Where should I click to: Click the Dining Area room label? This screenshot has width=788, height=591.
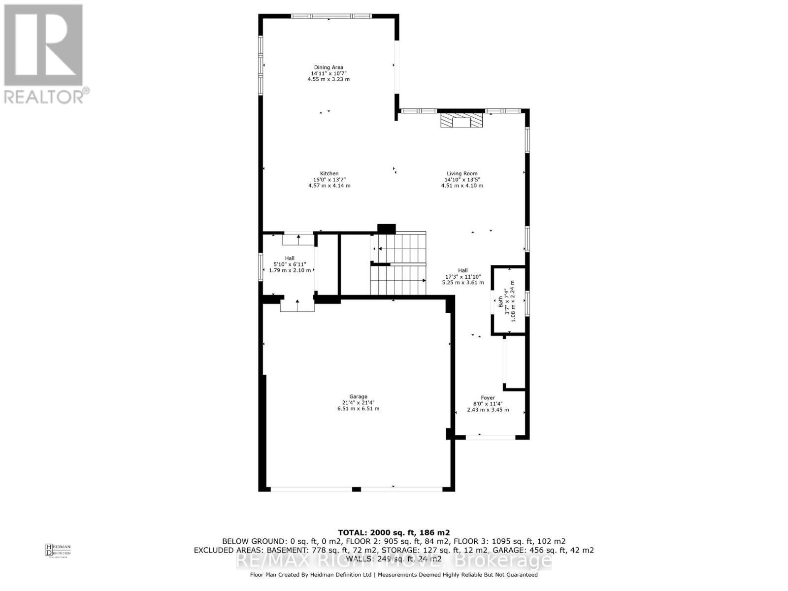328,67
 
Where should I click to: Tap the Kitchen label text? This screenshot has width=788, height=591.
329,173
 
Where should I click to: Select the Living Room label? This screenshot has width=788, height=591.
461,173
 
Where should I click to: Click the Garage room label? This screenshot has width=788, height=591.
358,396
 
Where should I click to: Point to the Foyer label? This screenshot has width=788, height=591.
488,398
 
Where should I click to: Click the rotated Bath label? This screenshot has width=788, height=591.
501,301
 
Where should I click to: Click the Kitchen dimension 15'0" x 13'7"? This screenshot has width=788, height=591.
329,180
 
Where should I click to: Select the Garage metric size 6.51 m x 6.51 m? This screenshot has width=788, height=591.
358,409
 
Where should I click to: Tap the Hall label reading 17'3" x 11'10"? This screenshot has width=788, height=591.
462,276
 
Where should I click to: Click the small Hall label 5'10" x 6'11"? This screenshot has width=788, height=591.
290,264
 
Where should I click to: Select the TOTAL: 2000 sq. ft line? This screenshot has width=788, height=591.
394,532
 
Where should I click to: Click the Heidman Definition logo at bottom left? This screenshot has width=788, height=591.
58,550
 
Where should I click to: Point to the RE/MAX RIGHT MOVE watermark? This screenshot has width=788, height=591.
394,560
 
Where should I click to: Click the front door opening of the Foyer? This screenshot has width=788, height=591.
491,437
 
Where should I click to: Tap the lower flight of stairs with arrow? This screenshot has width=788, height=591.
398,280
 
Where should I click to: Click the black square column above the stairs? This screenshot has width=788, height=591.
387,229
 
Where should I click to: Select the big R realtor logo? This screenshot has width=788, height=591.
43,45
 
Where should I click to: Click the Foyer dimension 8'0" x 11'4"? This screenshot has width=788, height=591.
488,404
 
